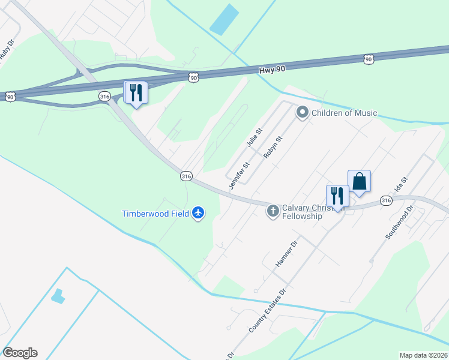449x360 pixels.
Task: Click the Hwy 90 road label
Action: [x=272, y=70]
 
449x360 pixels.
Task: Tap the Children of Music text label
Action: [x=344, y=112]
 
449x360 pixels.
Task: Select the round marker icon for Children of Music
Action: [x=303, y=112]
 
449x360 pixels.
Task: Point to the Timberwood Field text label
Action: [x=155, y=214]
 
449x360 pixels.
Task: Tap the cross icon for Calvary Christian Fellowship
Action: [x=273, y=211]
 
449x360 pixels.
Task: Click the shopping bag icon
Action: [x=359, y=181]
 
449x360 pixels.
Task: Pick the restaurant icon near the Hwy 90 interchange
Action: [x=136, y=92]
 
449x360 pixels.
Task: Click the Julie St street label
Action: [x=255, y=138]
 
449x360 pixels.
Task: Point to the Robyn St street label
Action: [x=273, y=146]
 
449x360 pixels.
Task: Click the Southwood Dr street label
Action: [x=400, y=223]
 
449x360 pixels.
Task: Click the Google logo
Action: [x=20, y=353]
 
